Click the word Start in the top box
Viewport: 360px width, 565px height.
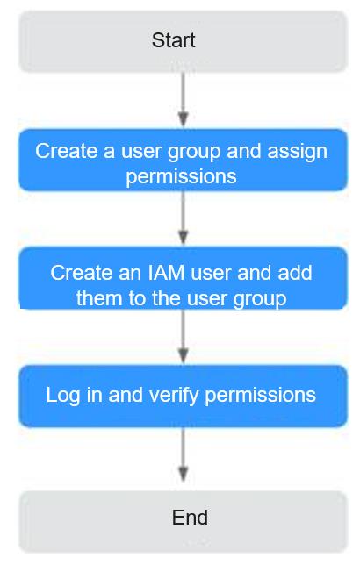pyautogui.click(x=174, y=40)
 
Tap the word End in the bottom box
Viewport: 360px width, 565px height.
pyautogui.click(x=190, y=518)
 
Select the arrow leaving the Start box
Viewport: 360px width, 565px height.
pyautogui.click(x=184, y=99)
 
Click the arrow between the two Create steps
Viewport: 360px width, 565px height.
pyautogui.click(x=184, y=218)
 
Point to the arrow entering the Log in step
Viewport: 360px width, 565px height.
pyautogui.click(x=184, y=336)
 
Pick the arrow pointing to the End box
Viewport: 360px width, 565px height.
pyautogui.click(x=184, y=454)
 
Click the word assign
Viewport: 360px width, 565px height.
pyautogui.click(x=298, y=151)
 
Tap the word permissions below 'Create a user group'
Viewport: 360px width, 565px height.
pyautogui.click(x=181, y=177)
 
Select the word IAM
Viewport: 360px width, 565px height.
pyautogui.click(x=166, y=273)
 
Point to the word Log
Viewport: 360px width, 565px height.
pyautogui.click(x=62, y=396)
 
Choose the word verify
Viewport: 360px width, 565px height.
pyautogui.click(x=174, y=396)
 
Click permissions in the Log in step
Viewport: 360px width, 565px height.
pyautogui.click(x=261, y=396)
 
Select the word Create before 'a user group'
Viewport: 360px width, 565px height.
pyautogui.click(x=66, y=151)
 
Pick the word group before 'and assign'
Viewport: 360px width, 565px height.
pyautogui.click(x=194, y=152)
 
